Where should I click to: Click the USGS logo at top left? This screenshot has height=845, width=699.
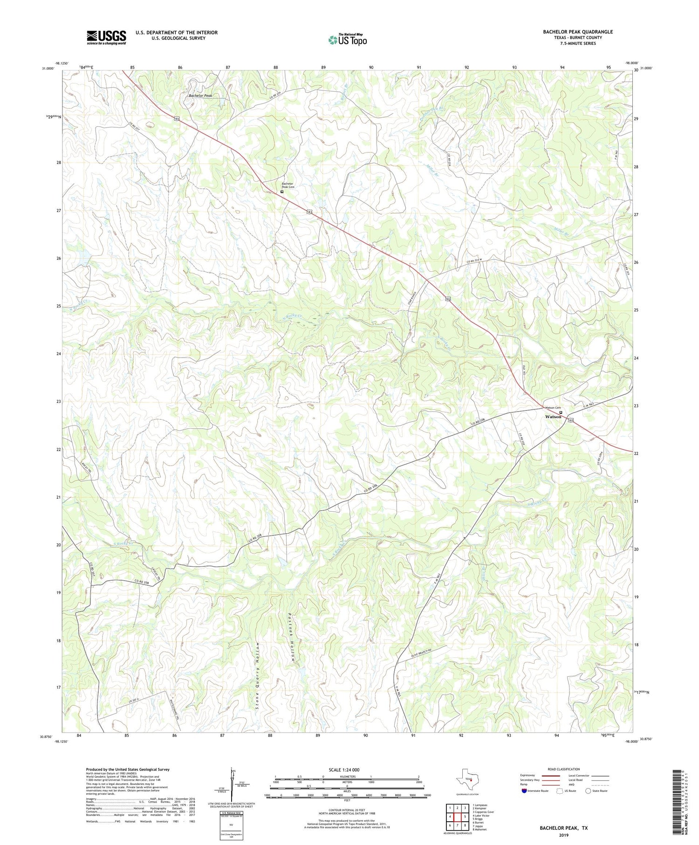click(x=106, y=37)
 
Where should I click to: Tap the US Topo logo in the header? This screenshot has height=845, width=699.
click(x=347, y=40)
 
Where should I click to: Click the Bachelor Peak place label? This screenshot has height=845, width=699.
click(x=200, y=96)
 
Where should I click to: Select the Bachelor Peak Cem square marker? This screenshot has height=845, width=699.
click(x=282, y=192)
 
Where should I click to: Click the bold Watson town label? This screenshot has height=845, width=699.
click(x=554, y=417)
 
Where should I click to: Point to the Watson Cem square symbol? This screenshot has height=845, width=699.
click(x=561, y=412)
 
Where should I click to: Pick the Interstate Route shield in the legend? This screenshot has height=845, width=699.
click(x=525, y=790)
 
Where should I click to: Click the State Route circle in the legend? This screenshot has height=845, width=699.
click(x=588, y=790)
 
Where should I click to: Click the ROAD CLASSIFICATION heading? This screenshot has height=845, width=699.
click(x=563, y=769)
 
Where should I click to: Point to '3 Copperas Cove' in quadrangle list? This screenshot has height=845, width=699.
click(x=483, y=812)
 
